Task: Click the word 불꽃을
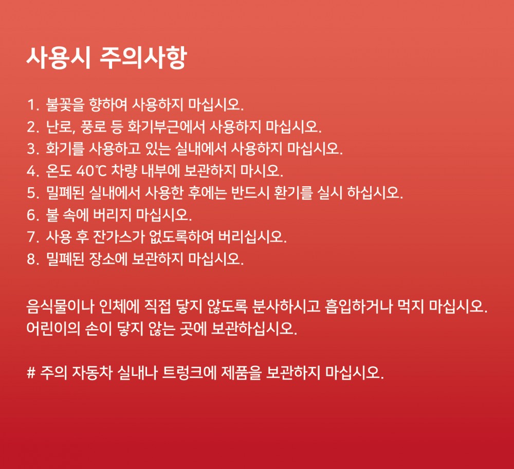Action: click(x=65, y=105)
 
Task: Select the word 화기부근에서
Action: click(x=166, y=127)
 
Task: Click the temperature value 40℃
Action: click(x=91, y=171)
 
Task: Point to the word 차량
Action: click(x=123, y=171)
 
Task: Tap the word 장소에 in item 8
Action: click(x=108, y=259)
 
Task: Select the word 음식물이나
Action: click(x=61, y=306)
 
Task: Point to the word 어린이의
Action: click(x=53, y=329)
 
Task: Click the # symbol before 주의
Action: click(x=31, y=373)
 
